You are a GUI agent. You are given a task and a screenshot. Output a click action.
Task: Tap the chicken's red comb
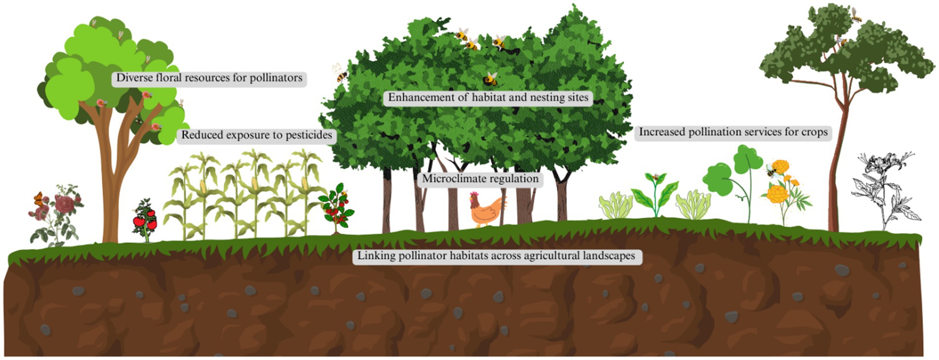coord(475,193)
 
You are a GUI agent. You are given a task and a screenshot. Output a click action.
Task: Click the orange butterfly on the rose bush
coord(39,199)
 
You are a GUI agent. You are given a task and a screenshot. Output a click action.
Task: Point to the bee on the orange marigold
coord(772,171)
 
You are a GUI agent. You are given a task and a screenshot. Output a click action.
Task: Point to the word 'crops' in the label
coord(815,132)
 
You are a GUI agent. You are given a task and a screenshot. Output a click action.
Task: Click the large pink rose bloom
coord(64,203)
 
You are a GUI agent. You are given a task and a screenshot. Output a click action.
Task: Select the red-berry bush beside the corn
coord(337,207)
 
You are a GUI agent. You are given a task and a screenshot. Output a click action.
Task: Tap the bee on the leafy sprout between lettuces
coord(656,176)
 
